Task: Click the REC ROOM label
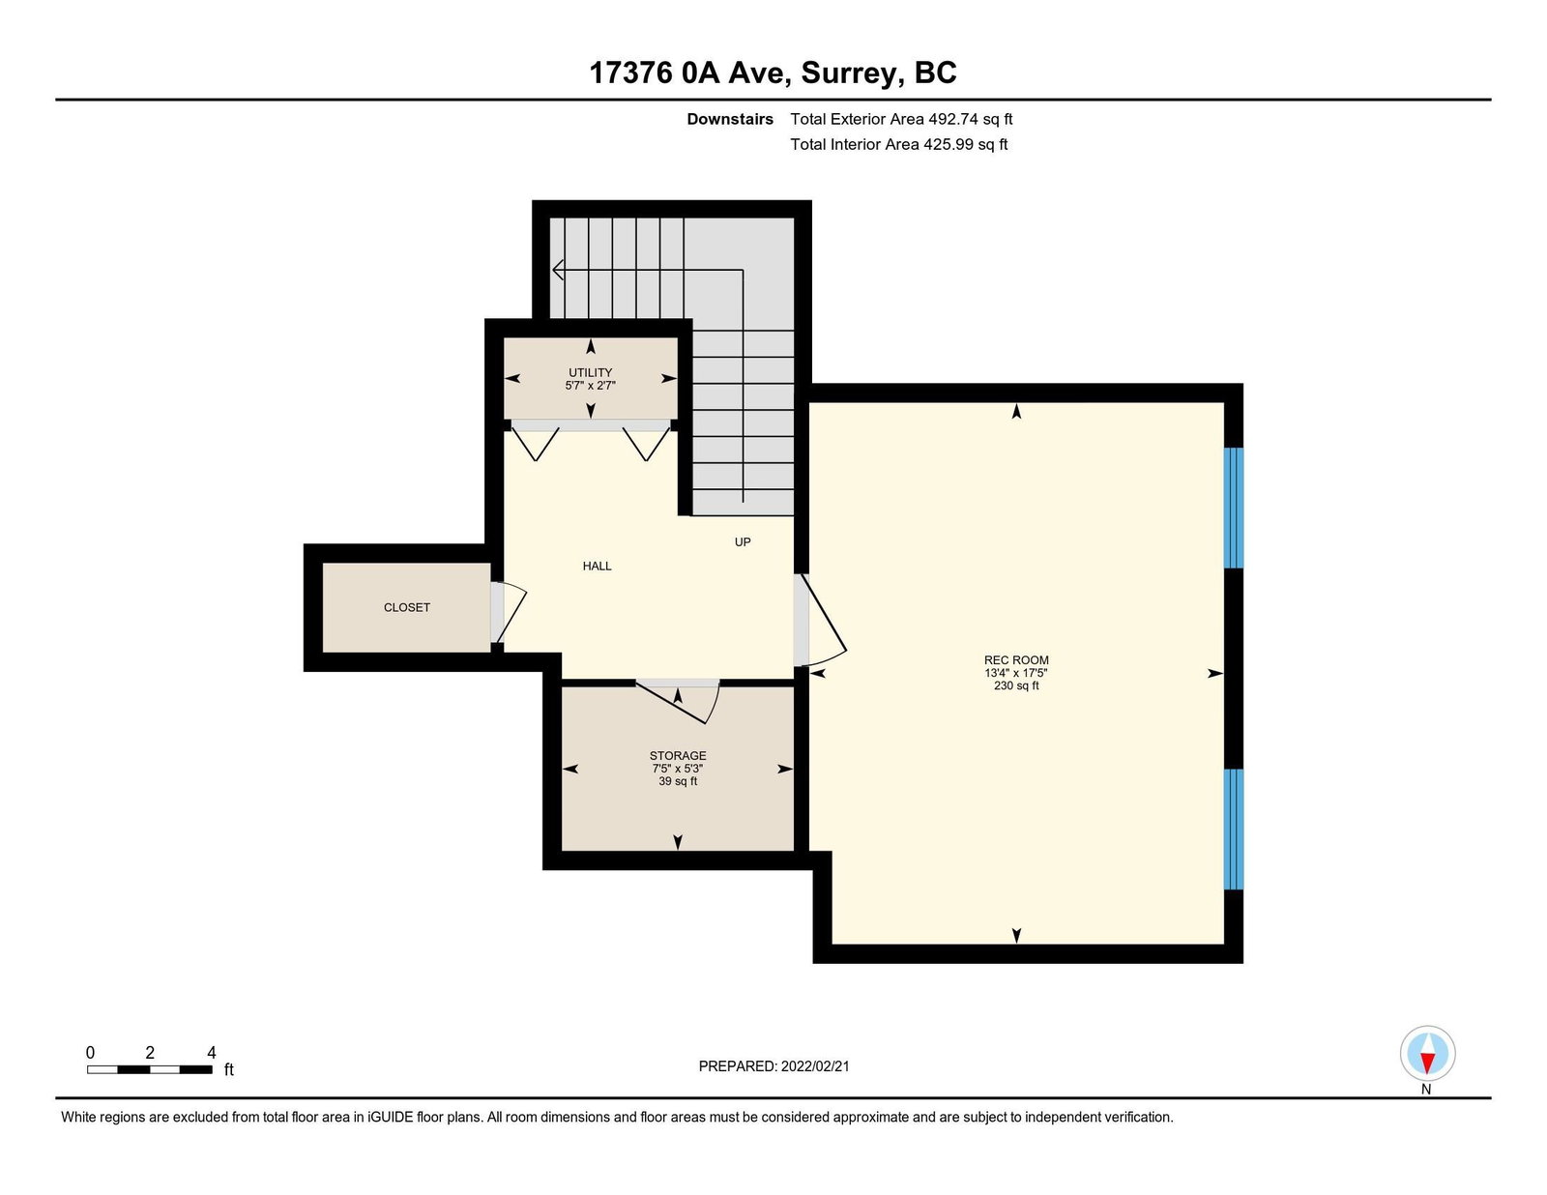(1016, 659)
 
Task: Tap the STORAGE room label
(677, 755)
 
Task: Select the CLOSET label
(406, 607)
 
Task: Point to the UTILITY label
(590, 372)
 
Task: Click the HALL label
(597, 566)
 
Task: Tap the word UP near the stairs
(743, 541)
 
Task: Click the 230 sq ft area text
(1016, 685)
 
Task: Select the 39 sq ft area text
(677, 781)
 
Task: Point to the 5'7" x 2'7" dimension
(590, 385)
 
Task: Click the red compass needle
(1427, 1063)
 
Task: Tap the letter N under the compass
(1426, 1089)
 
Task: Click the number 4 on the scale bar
(212, 1053)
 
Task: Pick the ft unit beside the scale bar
(228, 1069)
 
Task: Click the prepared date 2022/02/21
(815, 1066)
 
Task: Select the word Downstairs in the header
(730, 119)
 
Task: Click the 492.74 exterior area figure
(953, 119)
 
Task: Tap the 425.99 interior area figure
(949, 144)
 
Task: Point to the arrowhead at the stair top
(558, 271)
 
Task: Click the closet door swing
(511, 613)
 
